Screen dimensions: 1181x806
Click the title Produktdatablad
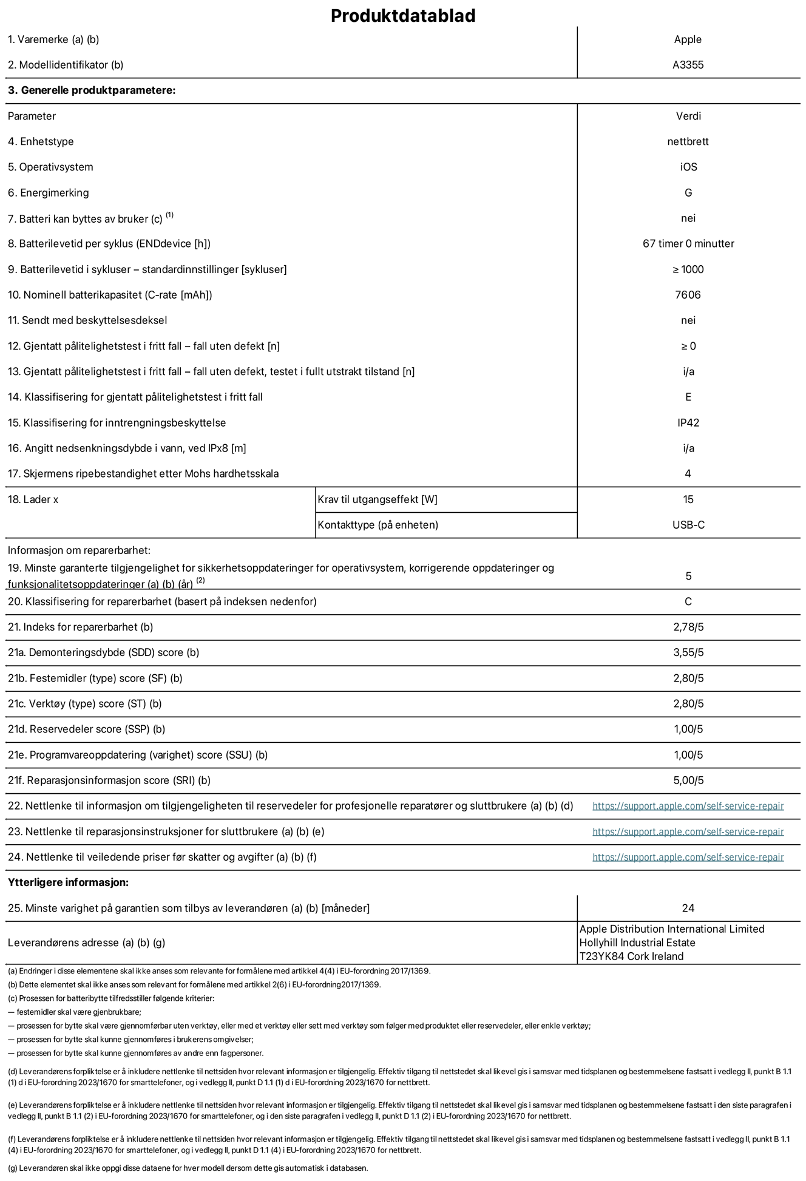point(402,16)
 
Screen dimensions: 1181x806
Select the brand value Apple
point(688,39)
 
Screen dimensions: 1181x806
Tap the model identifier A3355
point(688,65)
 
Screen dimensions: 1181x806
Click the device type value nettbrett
point(688,141)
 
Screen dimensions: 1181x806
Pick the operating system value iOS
point(688,167)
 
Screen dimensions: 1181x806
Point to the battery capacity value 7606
point(688,295)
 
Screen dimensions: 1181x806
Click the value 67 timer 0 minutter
point(688,243)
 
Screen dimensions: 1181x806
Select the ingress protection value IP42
point(688,422)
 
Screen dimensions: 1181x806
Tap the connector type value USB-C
point(688,525)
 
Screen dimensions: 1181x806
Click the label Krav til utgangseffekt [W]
point(378,499)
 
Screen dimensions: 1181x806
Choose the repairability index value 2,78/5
point(688,627)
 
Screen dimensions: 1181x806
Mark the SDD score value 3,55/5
point(688,652)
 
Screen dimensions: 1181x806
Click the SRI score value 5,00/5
point(688,780)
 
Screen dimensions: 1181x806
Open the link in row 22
point(688,806)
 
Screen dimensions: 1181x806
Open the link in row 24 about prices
point(688,857)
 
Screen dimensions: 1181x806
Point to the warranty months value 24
point(688,908)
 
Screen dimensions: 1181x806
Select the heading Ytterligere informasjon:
point(68,882)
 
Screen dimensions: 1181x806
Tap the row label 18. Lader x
point(33,499)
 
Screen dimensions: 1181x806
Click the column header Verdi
point(688,116)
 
